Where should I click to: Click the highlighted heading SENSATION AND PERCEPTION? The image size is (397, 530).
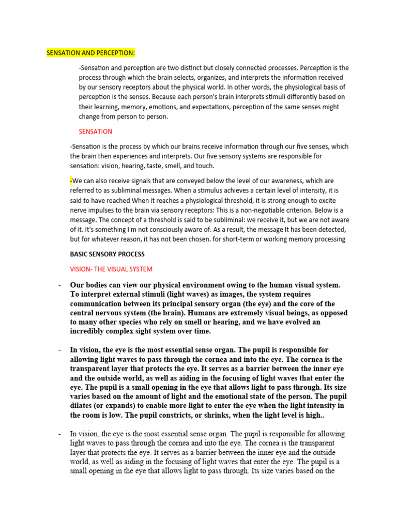[90, 53]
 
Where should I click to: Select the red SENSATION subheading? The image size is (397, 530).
[95, 131]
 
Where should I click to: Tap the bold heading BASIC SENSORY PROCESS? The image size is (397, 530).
[107, 254]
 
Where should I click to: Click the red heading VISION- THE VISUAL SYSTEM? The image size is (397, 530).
[111, 269]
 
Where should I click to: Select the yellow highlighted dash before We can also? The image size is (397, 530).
[71, 181]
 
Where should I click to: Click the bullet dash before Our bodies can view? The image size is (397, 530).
[60, 285]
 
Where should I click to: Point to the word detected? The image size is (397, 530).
[331, 229]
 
